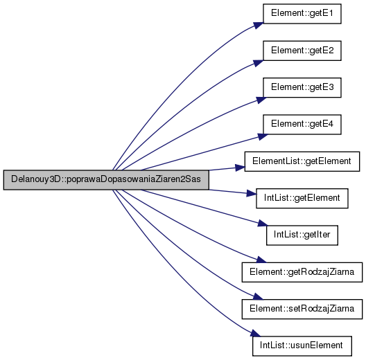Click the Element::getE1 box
point(302,14)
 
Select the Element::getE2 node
point(302,51)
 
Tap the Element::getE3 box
point(302,87)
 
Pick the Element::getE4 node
point(302,125)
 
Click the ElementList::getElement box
point(302,161)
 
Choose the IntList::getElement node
point(302,198)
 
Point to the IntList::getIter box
point(302,235)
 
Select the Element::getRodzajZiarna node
point(302,272)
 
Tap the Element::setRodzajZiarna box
point(302,309)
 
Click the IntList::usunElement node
point(302,345)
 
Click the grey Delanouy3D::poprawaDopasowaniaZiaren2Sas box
point(106,180)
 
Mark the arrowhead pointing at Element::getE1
point(259,25)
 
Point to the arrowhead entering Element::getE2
point(259,63)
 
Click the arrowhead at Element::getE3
point(261,100)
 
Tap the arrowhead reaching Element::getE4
point(263,136)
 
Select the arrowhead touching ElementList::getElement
point(240,168)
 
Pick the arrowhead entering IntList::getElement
point(252,193)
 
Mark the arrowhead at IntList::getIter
point(262,224)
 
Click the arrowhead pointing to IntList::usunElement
point(255,333)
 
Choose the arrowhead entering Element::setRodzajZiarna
point(258,296)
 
